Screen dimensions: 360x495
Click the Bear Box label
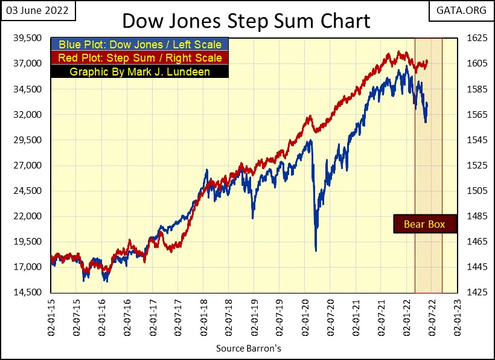point(424,224)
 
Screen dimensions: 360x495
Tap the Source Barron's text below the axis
point(248,349)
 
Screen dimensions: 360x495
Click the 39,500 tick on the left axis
point(27,38)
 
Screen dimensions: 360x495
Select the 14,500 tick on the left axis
point(27,292)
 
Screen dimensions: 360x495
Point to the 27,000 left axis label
point(27,166)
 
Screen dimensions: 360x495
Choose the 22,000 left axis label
point(27,216)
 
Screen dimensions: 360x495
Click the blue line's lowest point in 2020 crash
point(316,250)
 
